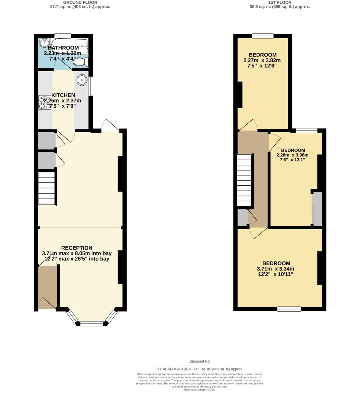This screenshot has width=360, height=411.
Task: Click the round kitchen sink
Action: pos(82,80)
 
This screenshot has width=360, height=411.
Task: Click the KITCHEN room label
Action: pos(63,95)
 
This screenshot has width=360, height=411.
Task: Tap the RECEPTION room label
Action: pos(77,248)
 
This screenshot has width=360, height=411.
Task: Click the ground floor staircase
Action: pos(47,189)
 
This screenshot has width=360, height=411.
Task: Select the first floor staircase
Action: pos(244,181)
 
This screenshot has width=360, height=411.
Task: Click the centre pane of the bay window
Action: pos(91,323)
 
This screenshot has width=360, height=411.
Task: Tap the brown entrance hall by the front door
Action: pos(48,287)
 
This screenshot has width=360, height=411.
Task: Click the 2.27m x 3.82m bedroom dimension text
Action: pos(262,60)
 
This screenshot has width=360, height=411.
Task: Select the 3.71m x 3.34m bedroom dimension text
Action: pos(276,269)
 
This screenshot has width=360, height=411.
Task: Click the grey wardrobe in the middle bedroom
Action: pos(317,209)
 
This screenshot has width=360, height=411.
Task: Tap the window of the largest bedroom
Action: pos(289,309)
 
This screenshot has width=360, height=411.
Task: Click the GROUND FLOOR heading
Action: pos(80,2)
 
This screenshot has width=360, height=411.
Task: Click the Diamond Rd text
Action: pos(200,362)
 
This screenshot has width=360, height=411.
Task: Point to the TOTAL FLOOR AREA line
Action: pos(200,369)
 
